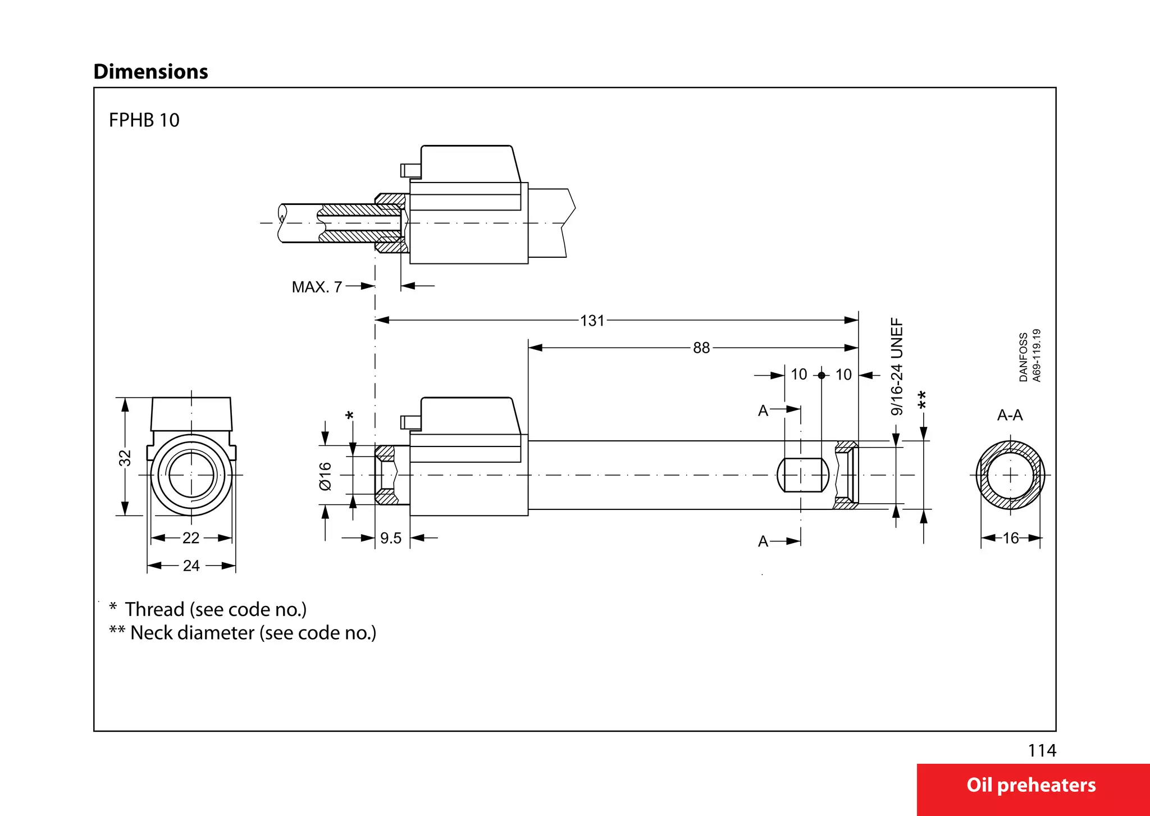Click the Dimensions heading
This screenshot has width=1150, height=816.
pyautogui.click(x=150, y=72)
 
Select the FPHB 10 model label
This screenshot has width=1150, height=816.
pyautogui.click(x=144, y=120)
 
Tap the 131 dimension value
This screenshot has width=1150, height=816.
pyautogui.click(x=592, y=321)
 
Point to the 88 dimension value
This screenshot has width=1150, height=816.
pyautogui.click(x=701, y=348)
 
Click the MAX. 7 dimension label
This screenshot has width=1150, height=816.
pyautogui.click(x=317, y=287)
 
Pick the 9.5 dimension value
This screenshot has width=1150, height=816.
pyautogui.click(x=391, y=538)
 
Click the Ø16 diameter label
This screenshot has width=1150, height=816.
pyautogui.click(x=326, y=476)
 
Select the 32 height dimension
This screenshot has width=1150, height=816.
pyautogui.click(x=125, y=458)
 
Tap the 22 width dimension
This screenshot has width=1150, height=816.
pyautogui.click(x=191, y=538)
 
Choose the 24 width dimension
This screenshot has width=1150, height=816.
pyautogui.click(x=191, y=566)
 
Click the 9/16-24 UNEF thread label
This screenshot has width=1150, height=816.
pyautogui.click(x=897, y=367)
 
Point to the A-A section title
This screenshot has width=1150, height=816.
pyautogui.click(x=1010, y=415)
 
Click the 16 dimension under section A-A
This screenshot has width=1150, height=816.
pyautogui.click(x=1011, y=538)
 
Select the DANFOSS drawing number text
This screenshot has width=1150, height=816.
pyautogui.click(x=1030, y=355)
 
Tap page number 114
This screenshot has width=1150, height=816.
pyautogui.click(x=1042, y=750)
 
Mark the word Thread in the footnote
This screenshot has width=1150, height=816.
pyautogui.click(x=154, y=609)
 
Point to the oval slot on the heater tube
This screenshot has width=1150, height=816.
pyautogui.click(x=802, y=475)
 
